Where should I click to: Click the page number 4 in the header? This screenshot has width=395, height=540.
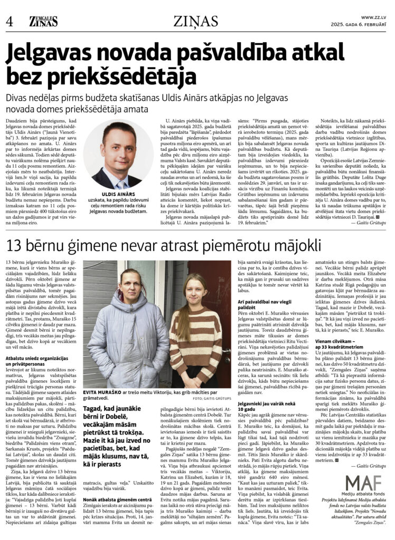9,22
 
